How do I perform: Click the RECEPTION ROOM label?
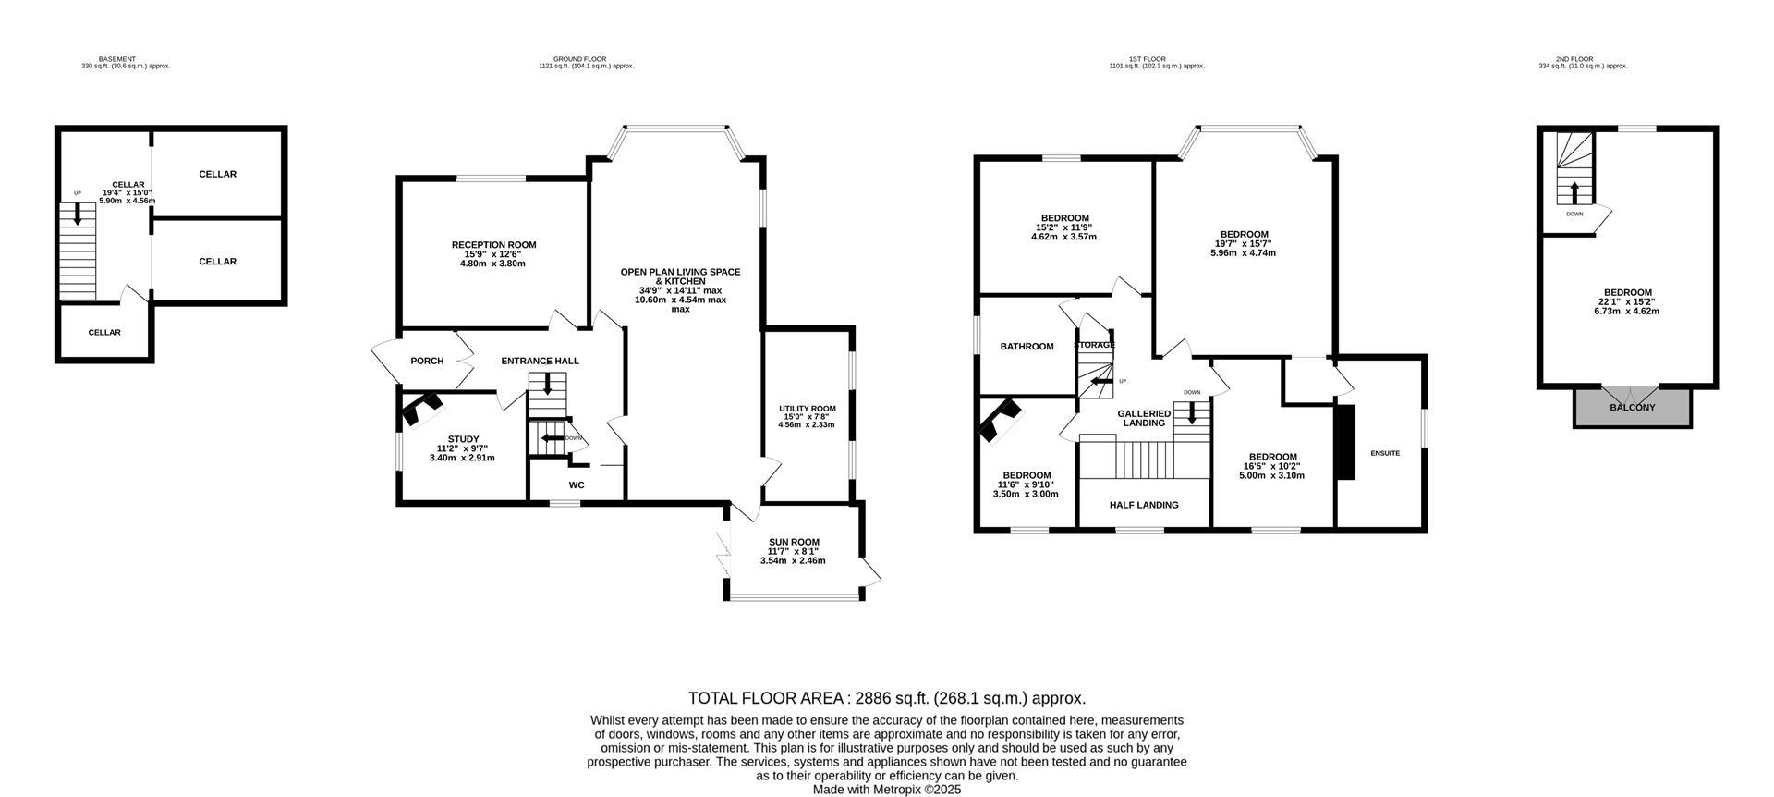coord(493,245)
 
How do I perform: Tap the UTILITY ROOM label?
coord(807,409)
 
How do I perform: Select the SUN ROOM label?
coord(794,543)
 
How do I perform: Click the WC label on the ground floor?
coord(577,485)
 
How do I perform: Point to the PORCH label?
coord(427,362)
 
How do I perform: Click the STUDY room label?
coord(463,439)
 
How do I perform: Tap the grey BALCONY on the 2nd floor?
coord(1633,408)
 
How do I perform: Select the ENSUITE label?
coord(1384,453)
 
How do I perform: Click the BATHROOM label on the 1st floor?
coord(1027,347)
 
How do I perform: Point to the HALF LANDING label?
coord(1144,505)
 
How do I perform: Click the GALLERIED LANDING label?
coord(1144,418)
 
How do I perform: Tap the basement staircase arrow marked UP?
coord(78,214)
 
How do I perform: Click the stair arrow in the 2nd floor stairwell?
coord(1574,192)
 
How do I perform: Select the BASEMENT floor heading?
coord(116,59)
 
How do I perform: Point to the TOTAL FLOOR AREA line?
coord(886,698)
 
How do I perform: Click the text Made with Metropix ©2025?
coord(886,790)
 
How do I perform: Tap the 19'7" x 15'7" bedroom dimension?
coord(1243,243)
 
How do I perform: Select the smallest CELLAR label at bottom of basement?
coord(104,333)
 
